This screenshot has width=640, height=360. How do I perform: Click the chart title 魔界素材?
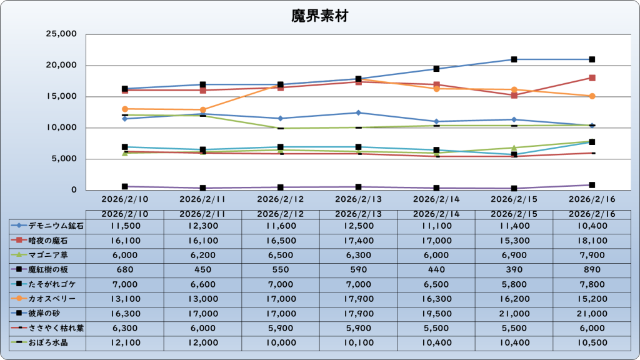(x=319, y=16)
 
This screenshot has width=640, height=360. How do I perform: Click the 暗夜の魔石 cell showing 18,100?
(x=591, y=240)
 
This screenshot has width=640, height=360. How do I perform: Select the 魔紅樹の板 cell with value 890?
(x=591, y=269)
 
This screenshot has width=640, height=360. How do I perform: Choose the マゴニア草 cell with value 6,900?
(x=514, y=255)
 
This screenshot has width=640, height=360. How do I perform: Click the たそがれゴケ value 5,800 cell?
(x=514, y=284)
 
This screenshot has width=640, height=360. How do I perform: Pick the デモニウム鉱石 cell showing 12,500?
(x=358, y=226)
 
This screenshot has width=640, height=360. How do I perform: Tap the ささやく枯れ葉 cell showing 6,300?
(x=124, y=328)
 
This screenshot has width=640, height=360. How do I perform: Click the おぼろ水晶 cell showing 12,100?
(x=124, y=342)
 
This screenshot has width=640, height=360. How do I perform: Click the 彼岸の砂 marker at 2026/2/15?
(x=514, y=59)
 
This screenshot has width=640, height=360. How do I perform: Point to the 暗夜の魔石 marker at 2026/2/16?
(x=591, y=78)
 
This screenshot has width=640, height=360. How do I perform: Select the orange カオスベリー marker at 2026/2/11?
(x=202, y=109)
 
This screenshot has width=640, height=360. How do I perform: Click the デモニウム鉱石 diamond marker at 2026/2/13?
(x=358, y=112)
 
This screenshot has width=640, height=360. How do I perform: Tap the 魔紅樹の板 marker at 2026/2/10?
(x=124, y=186)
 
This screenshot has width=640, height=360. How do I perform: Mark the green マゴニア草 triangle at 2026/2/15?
(x=514, y=148)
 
